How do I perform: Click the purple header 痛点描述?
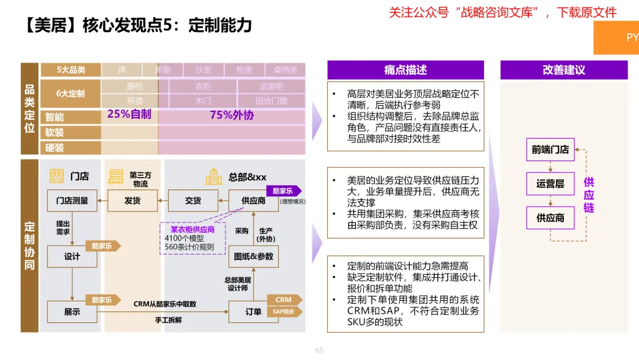(405, 70)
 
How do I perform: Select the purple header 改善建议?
(563, 70)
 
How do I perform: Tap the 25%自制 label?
(129, 114)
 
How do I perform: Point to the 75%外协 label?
(231, 115)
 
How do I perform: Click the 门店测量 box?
(72, 201)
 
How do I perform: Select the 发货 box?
(133, 201)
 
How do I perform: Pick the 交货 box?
(193, 201)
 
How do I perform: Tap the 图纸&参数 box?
(253, 256)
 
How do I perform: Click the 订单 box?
(253, 311)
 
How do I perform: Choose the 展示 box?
(72, 311)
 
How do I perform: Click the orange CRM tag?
(284, 300)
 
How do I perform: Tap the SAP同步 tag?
(285, 311)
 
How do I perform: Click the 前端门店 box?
(550, 150)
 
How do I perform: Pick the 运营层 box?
(550, 184)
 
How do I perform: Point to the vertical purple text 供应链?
(589, 195)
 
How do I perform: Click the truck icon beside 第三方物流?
(116, 176)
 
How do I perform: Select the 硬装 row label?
(54, 147)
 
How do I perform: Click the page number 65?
(319, 351)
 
